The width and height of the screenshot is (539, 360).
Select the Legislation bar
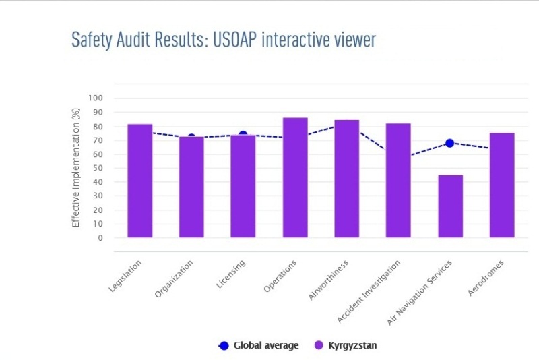tap(140, 181)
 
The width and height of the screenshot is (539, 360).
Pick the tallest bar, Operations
tap(295, 177)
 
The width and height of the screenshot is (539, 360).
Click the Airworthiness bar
tap(346, 179)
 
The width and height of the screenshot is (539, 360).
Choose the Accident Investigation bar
tap(398, 180)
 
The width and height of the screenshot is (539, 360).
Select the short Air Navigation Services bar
tap(450, 206)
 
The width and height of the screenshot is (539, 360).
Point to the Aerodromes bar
tap(502, 185)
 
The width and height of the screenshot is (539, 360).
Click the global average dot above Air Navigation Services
tap(450, 143)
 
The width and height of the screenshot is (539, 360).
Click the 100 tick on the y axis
tap(96, 98)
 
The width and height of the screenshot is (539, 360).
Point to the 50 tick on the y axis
tap(98, 168)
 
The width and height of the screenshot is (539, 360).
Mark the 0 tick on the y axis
tap(100, 238)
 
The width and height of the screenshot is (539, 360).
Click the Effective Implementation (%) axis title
tap(76, 168)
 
